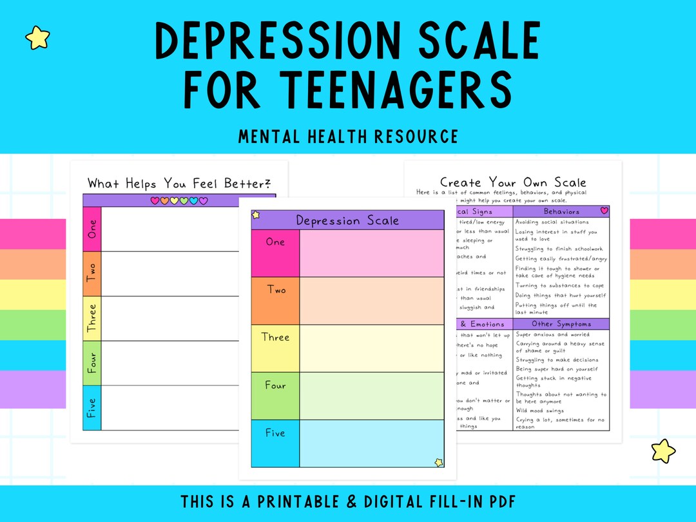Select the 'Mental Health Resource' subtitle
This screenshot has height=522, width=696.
pyautogui.click(x=348, y=137)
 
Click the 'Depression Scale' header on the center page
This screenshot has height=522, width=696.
pyautogui.click(x=347, y=220)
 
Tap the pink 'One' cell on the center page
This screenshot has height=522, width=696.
pyautogui.click(x=275, y=253)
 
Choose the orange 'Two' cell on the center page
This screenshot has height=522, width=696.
pyautogui.click(x=275, y=300)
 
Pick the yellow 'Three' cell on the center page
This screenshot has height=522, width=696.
pyautogui.click(x=275, y=348)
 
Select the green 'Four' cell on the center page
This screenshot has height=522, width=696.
pyautogui.click(x=275, y=396)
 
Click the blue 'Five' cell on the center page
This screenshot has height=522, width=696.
pyautogui.click(x=275, y=443)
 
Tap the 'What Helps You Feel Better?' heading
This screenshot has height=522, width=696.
pyautogui.click(x=179, y=183)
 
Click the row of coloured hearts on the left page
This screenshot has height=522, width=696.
pyautogui.click(x=179, y=201)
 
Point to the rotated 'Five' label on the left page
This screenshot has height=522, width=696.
pyautogui.click(x=92, y=408)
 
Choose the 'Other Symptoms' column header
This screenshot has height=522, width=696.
pyautogui.click(x=561, y=324)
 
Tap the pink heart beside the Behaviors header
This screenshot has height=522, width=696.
pyautogui.click(x=604, y=211)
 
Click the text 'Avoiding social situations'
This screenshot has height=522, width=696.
pyautogui.click(x=552, y=222)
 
